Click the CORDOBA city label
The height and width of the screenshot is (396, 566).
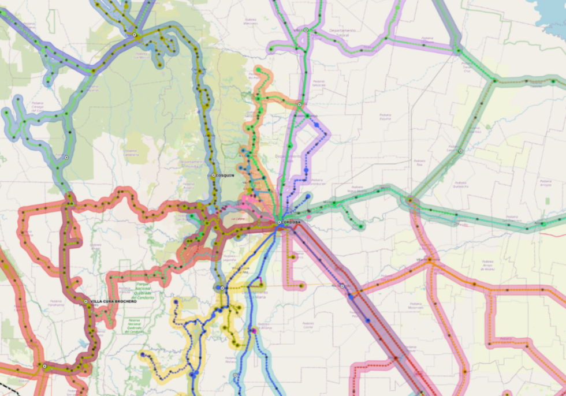pos(292,222)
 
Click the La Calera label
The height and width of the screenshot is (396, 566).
pos(236,219)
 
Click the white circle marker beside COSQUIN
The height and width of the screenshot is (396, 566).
pos(214,175)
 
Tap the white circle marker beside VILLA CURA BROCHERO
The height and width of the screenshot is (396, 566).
pos(86,301)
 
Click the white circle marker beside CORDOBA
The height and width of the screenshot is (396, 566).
pos(280,222)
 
